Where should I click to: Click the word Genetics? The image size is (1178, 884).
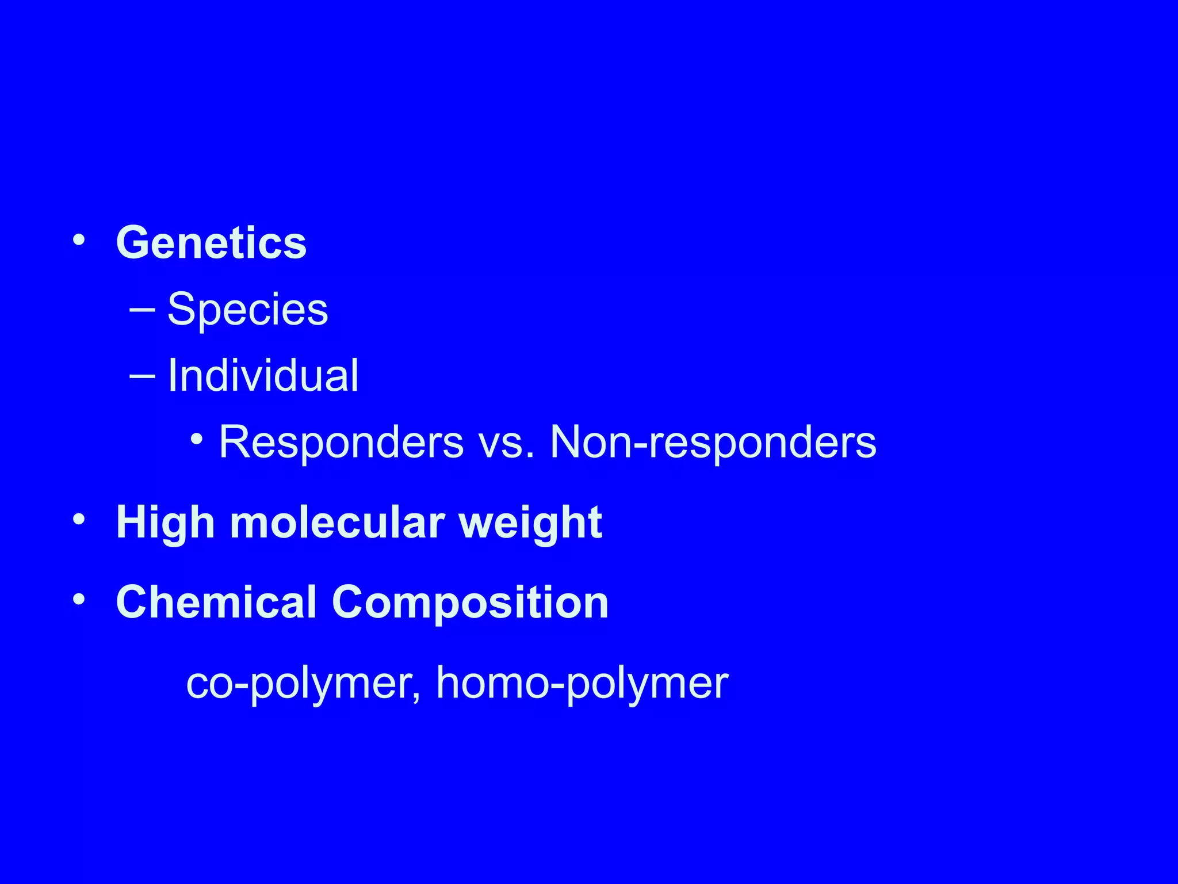[x=211, y=243]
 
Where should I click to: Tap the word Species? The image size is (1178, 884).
[x=247, y=310]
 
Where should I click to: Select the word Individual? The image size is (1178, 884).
[x=263, y=376]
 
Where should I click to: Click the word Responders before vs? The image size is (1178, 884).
[x=341, y=442]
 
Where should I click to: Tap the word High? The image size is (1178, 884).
[x=166, y=523]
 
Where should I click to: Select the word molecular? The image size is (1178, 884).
[x=337, y=523]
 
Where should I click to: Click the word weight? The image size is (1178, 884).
[x=530, y=523]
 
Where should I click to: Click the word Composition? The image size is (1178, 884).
[x=470, y=602]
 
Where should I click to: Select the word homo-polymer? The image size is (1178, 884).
[x=582, y=684]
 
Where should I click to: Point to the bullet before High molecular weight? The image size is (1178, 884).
[x=79, y=520]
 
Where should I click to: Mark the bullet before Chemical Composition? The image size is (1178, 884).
[x=79, y=599]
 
